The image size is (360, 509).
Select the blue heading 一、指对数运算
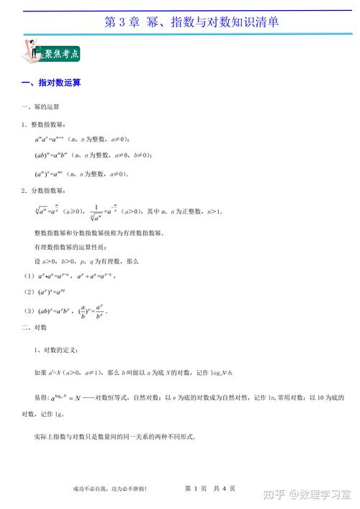click(50, 84)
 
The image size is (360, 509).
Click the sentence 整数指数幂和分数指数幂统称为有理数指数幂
click(99, 234)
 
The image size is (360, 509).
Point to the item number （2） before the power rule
click(28, 292)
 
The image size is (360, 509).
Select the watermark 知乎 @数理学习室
click(302, 493)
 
